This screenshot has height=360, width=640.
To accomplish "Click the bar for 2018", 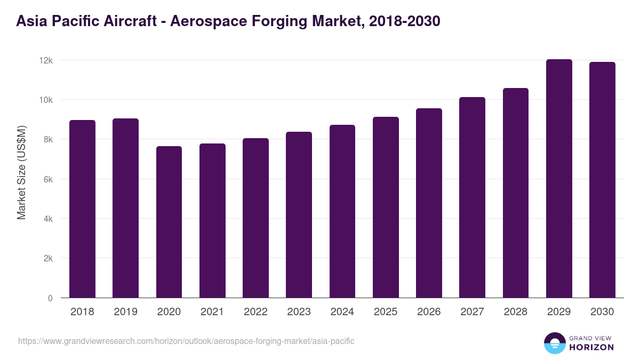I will coord(82,209).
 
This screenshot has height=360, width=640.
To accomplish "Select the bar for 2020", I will coord(169,222).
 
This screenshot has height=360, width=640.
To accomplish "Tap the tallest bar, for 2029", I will coord(559,179).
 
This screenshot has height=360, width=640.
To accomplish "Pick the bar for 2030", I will coord(602,180).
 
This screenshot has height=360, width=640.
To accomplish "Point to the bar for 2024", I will coord(342,211).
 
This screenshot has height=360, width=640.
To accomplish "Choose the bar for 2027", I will coord(472,197).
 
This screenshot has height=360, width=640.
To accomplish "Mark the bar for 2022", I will coord(255,218).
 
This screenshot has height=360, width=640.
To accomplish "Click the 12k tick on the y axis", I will coord(46,61).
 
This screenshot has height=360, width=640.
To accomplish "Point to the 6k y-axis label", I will coord(47,180).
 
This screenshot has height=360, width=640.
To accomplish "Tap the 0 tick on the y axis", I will coord(50,299).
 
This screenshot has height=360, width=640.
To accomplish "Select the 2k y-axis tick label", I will coord(47,259).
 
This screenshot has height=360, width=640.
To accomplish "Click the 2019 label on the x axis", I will coord(125,312).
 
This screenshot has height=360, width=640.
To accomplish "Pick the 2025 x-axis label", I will coord(386,312).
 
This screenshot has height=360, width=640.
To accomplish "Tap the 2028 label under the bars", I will coord(516,312).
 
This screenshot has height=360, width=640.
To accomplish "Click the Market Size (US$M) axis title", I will coord(21,172).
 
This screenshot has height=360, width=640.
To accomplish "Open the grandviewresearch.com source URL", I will coord(186,341).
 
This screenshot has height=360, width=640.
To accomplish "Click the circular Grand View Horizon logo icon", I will coord(554,343).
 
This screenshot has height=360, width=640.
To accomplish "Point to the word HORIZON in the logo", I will coord(591,347).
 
